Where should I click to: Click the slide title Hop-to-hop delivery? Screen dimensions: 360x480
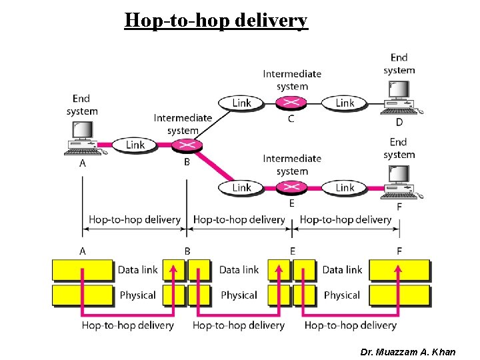(216, 20)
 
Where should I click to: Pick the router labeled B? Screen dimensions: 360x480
(186, 145)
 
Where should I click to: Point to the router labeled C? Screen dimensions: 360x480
(291, 103)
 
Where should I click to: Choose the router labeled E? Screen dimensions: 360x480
(291, 187)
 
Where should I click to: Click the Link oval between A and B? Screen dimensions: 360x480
(135, 145)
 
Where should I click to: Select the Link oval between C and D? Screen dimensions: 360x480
(345, 103)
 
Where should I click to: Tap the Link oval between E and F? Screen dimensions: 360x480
(345, 187)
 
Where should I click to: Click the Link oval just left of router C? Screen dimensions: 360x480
(241, 103)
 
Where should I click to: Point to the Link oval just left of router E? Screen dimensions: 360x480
(241, 187)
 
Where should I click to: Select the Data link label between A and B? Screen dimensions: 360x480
(137, 269)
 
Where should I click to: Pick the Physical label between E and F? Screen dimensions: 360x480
(342, 295)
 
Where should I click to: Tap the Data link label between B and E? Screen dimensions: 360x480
(239, 269)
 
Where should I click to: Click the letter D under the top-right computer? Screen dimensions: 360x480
(399, 122)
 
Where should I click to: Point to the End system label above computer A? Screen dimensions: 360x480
(81, 105)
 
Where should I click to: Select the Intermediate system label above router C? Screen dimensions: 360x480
(292, 80)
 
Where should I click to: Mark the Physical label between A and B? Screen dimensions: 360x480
(137, 295)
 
